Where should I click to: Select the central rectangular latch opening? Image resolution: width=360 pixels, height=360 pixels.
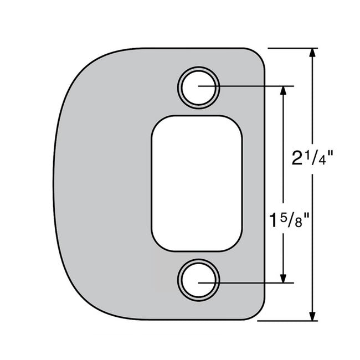[x=197, y=183]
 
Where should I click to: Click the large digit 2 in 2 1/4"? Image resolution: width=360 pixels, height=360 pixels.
[x=298, y=158]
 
